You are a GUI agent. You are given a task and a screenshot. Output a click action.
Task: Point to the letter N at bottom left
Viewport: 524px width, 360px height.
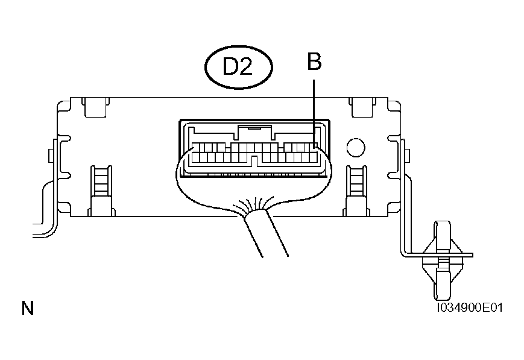tap(28, 309)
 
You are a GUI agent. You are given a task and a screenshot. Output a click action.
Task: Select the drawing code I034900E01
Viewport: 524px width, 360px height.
tap(470, 308)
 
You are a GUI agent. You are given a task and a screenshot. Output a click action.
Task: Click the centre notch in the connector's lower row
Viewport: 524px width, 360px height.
tap(255, 160)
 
